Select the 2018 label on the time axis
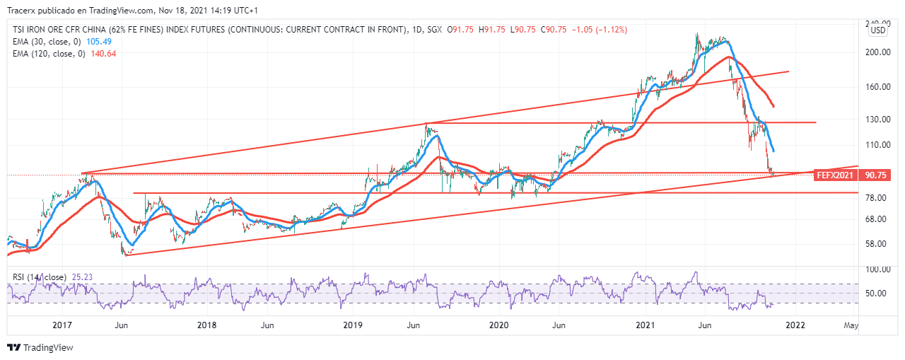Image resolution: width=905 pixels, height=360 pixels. [207, 325]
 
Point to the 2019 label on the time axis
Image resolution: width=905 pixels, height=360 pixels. [353, 325]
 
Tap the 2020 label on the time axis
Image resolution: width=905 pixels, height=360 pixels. [499, 325]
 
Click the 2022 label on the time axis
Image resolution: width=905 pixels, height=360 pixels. [795, 325]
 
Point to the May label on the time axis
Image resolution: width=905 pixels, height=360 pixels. [851, 325]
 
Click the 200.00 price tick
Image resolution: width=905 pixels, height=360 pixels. [877, 52]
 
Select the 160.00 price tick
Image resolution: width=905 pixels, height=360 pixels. [877, 87]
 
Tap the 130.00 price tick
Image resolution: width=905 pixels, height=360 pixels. [877, 120]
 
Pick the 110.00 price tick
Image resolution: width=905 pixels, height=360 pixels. [877, 145]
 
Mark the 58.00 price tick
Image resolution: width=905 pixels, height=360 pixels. [877, 244]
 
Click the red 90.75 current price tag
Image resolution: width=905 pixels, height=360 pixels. [876, 175]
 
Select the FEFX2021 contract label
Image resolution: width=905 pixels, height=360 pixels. [834, 175]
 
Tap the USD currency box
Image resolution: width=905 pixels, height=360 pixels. [877, 30]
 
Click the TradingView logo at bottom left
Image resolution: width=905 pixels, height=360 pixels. [40, 348]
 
